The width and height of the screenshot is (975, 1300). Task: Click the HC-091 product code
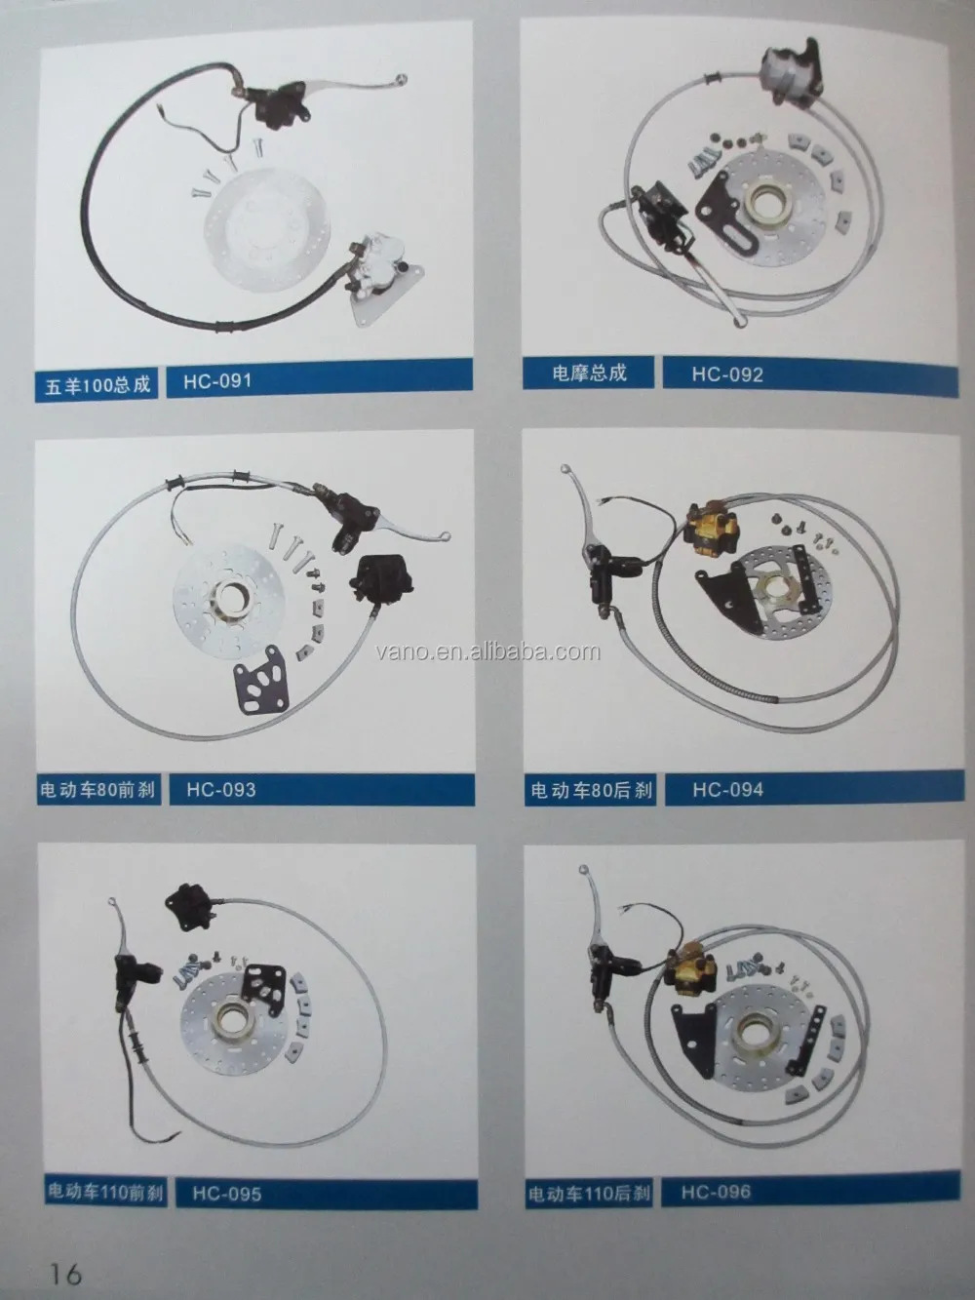[216, 380]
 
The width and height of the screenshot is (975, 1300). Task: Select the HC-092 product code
[726, 374]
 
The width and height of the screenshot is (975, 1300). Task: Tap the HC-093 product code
[220, 789]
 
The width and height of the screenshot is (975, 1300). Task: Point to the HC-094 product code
[727, 789]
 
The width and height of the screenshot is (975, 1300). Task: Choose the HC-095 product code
[226, 1192]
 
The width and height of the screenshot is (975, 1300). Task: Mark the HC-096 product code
[716, 1191]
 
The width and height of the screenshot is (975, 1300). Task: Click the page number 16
[60, 1273]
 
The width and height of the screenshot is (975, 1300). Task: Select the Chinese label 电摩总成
[588, 373]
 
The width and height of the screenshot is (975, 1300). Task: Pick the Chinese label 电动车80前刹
[97, 791]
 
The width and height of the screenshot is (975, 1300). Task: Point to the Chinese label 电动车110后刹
[590, 1193]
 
